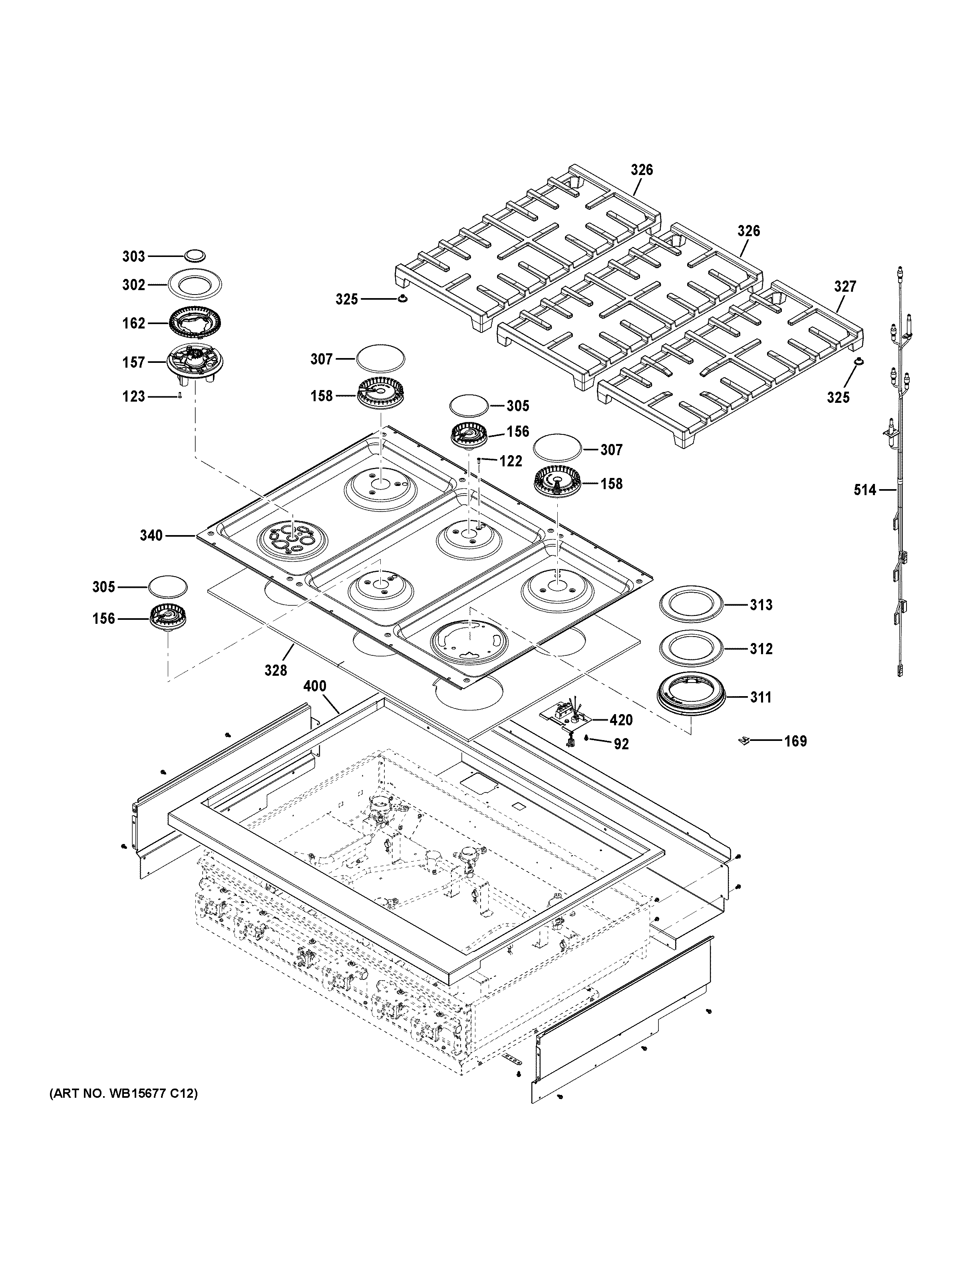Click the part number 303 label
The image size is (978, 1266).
(133, 256)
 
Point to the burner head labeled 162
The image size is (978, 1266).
(195, 323)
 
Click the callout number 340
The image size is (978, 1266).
(151, 535)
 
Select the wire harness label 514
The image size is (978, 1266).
(865, 490)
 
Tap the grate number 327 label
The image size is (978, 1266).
(845, 287)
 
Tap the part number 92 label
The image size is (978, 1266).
(621, 744)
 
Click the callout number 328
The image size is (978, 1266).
(276, 671)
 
